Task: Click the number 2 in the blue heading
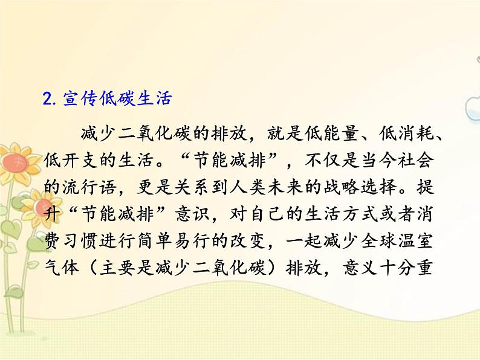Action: pos(48,100)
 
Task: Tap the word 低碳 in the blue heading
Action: pos(112,100)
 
